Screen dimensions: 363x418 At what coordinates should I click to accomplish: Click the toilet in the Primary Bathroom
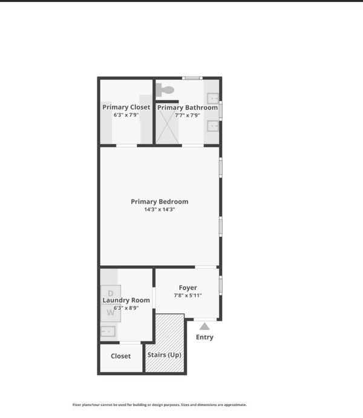(x=165, y=90)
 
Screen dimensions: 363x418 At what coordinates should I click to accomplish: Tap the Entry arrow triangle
(x=204, y=326)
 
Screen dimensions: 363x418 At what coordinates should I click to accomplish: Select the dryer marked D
(x=111, y=294)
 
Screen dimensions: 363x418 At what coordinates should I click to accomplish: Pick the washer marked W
(x=111, y=313)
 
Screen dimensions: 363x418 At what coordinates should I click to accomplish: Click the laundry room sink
(x=108, y=332)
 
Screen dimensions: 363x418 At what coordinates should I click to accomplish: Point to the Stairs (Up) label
(x=165, y=355)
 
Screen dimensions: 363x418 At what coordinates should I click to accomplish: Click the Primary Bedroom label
(x=160, y=202)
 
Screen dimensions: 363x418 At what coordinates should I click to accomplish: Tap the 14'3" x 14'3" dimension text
(x=160, y=210)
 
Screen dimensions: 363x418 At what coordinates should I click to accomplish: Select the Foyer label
(x=188, y=288)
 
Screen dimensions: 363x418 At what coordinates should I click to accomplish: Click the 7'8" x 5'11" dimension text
(x=188, y=295)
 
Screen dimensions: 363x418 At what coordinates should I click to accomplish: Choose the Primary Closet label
(x=126, y=107)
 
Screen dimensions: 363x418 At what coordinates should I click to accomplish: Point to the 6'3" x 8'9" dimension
(x=126, y=308)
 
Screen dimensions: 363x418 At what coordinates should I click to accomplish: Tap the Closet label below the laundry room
(x=120, y=356)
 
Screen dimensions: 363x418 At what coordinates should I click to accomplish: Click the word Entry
(x=204, y=337)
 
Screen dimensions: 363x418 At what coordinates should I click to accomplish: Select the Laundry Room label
(x=126, y=300)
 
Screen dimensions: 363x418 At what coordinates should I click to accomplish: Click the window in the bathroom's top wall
(x=192, y=78)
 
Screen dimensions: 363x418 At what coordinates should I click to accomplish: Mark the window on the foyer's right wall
(x=220, y=286)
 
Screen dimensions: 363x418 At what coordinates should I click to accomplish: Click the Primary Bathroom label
(x=188, y=108)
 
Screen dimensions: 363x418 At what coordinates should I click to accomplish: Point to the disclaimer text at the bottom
(x=160, y=405)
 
